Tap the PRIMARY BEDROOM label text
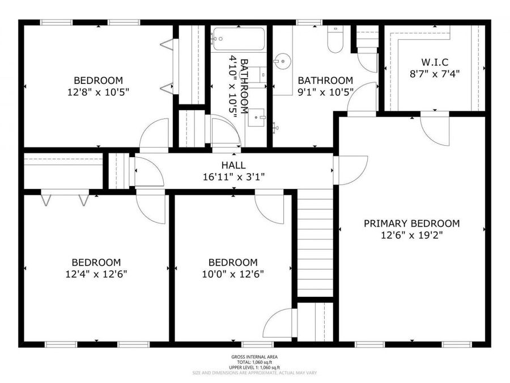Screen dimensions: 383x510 411,224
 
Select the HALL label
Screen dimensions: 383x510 233,165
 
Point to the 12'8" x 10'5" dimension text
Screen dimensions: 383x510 99,92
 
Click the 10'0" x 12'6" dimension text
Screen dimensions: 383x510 233,274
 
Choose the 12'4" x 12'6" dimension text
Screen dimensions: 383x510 96,274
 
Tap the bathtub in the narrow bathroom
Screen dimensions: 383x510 239,39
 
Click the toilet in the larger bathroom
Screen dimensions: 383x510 335,40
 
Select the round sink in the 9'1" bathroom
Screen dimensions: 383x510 281,61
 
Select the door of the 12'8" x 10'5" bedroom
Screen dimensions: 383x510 155,134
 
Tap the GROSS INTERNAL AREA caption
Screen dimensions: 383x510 254,357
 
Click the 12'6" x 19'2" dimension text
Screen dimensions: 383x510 411,235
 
